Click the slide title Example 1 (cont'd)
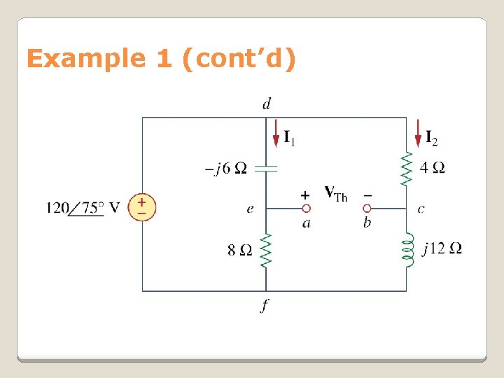[x=161, y=59]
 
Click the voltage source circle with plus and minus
[x=142, y=207]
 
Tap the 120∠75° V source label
[x=83, y=208]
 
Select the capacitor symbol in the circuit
[x=267, y=168]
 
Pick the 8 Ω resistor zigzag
[x=267, y=249]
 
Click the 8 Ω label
[x=240, y=250]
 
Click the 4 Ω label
[x=432, y=168]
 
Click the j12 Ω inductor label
[x=442, y=248]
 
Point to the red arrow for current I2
[x=418, y=133]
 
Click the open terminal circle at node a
[x=306, y=208]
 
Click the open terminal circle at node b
[x=366, y=208]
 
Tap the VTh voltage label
[x=335, y=192]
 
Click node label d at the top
[x=267, y=104]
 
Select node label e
[x=250, y=209]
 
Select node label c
[x=421, y=209]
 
